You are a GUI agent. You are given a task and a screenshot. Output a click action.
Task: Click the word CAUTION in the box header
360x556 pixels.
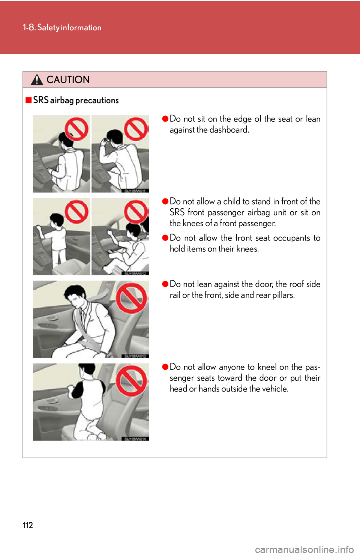pyautogui.click(x=68, y=79)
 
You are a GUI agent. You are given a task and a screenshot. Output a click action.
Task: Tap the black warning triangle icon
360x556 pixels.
pyautogui.click(x=37, y=79)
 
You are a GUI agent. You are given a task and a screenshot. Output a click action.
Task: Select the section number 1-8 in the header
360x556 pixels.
pyautogui.click(x=28, y=27)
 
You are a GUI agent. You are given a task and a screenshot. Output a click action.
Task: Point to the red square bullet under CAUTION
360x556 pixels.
pyautogui.click(x=28, y=100)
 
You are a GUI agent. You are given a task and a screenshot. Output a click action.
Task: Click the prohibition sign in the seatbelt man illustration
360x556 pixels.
pyautogui.click(x=131, y=298)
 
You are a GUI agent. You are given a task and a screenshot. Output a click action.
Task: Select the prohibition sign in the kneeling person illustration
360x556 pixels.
pyautogui.click(x=131, y=381)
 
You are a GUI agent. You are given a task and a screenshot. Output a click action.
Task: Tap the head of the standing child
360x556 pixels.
pyautogui.click(x=57, y=219)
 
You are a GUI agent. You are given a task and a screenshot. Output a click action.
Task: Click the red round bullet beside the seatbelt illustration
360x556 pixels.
pyautogui.click(x=165, y=284)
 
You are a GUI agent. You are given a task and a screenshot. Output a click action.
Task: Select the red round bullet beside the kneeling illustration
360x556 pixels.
pyautogui.click(x=165, y=367)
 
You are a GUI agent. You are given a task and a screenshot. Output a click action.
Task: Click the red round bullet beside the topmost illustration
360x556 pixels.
pyautogui.click(x=165, y=119)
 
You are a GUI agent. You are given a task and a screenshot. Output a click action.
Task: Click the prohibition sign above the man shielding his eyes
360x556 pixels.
pyautogui.click(x=136, y=129)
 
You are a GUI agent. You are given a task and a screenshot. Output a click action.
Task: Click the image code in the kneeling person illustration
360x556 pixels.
pyautogui.click(x=135, y=439)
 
